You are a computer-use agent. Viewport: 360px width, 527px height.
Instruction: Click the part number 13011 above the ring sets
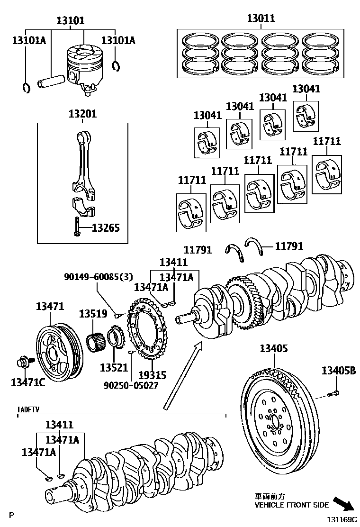(261, 19)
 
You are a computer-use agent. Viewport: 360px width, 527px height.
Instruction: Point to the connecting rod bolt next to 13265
(77, 226)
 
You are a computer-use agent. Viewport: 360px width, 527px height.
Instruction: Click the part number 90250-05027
(131, 385)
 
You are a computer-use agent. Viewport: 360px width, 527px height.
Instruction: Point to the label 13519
(93, 313)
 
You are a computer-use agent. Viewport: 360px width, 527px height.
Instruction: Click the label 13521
(114, 367)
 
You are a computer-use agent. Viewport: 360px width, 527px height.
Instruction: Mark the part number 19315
(152, 375)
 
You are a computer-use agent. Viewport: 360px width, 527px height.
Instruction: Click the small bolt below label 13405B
(333, 393)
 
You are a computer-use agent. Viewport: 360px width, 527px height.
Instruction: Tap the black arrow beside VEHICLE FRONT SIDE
(343, 504)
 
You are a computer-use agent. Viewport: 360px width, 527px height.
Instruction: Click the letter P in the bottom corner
(12, 515)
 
